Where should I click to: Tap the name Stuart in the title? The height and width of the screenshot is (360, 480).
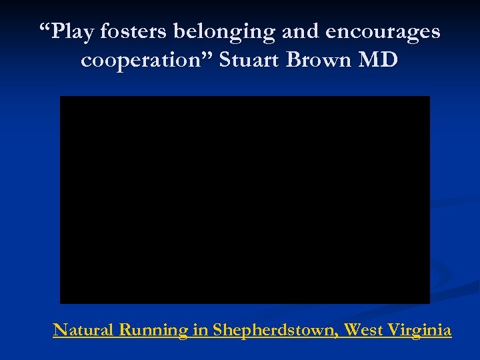point(250,61)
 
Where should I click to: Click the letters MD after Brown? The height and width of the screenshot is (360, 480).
point(378,61)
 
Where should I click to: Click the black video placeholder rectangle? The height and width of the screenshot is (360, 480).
point(245,199)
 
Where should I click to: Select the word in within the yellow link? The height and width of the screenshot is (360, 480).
point(200,329)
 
